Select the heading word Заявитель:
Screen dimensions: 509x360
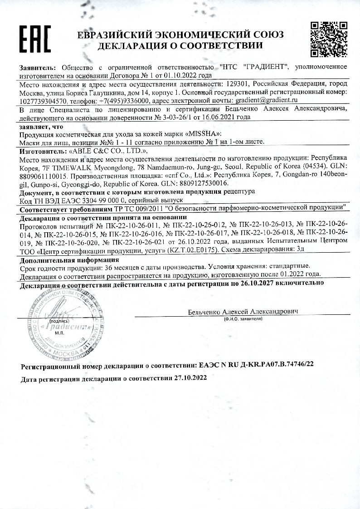[38, 67]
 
